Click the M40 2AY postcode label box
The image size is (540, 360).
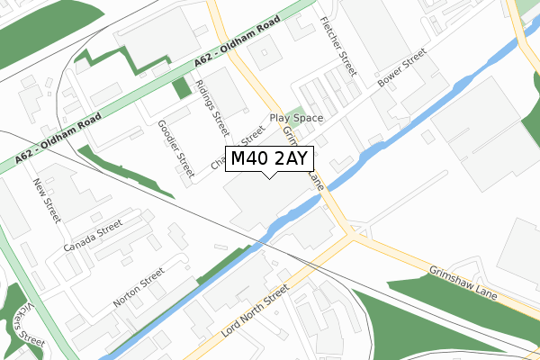pyautogui.click(x=269, y=159)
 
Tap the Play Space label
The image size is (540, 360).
pyautogui.click(x=296, y=118)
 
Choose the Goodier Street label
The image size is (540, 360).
pyautogui.click(x=175, y=147)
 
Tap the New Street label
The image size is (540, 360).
pyautogui.click(x=46, y=201)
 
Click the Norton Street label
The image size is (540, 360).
pyautogui.click(x=139, y=287)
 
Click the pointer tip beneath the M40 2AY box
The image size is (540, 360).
pyautogui.click(x=269, y=175)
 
